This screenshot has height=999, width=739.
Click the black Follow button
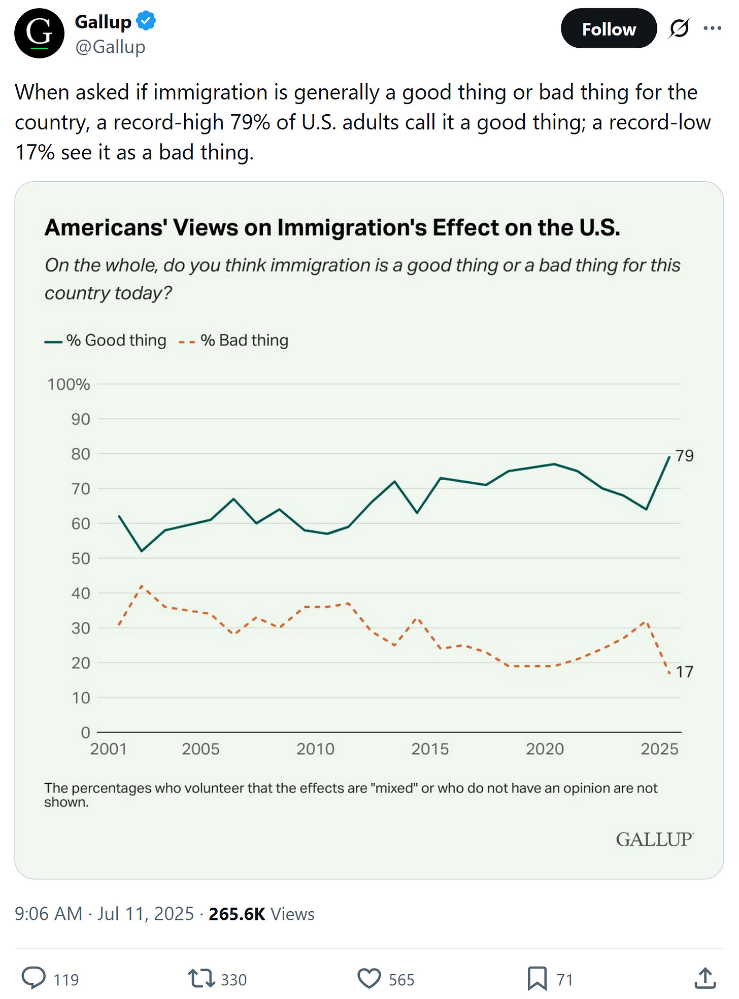pyautogui.click(x=608, y=29)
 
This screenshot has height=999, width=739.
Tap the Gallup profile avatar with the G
pyautogui.click(x=39, y=33)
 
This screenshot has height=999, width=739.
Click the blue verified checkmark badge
pyautogui.click(x=146, y=21)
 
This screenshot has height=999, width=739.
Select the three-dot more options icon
pyautogui.click(x=712, y=28)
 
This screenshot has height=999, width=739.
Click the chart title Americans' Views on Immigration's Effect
pyautogui.click(x=332, y=227)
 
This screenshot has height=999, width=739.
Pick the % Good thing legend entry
pyautogui.click(x=106, y=341)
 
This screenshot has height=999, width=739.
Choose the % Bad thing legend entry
pyautogui.click(x=234, y=341)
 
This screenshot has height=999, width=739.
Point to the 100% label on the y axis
pyautogui.click(x=69, y=384)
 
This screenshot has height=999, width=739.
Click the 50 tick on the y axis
pyautogui.click(x=80, y=558)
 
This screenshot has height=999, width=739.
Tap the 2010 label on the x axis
pyautogui.click(x=315, y=749)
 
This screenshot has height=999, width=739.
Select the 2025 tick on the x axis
pyautogui.click(x=659, y=749)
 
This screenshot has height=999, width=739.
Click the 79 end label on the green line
pyautogui.click(x=684, y=455)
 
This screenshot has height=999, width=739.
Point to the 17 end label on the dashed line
pyautogui.click(x=684, y=672)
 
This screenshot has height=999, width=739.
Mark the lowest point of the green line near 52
pyautogui.click(x=142, y=551)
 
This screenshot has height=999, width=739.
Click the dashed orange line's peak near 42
pyautogui.click(x=142, y=586)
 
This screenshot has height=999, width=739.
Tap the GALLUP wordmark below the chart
pyautogui.click(x=654, y=840)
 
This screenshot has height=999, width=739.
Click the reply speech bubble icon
pyautogui.click(x=33, y=978)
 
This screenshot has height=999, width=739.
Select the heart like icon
pyautogui.click(x=369, y=978)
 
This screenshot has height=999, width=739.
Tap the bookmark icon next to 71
pyautogui.click(x=537, y=978)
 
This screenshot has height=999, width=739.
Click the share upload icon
pyautogui.click(x=705, y=978)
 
